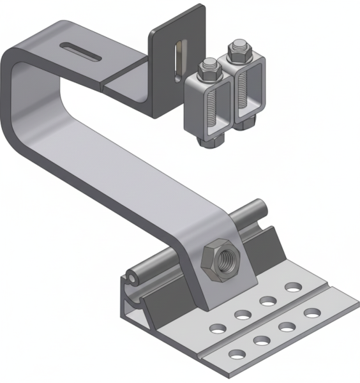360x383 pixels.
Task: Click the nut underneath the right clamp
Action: point(244,123)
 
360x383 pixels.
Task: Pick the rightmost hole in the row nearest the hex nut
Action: point(292,286)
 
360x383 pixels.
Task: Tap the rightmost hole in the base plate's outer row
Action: point(311,313)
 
